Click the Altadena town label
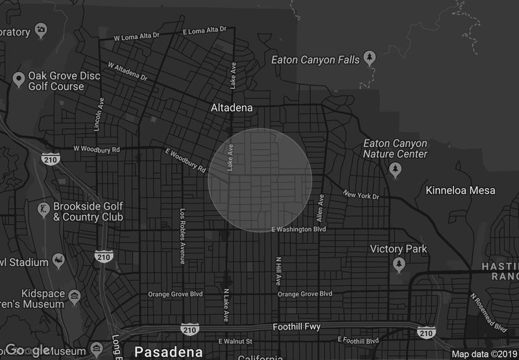[x=232, y=108]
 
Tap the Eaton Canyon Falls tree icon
[x=370, y=57]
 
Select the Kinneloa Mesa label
[x=460, y=190]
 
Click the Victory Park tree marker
[x=399, y=264]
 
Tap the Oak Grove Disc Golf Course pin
[x=19, y=80]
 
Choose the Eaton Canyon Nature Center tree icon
[x=395, y=169]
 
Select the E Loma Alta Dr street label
[x=204, y=29]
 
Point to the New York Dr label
[x=361, y=195]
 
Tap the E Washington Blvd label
[x=298, y=229]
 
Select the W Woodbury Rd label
[x=97, y=149]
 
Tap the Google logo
[x=29, y=351]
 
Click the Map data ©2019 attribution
[x=483, y=354]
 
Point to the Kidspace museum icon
[x=75, y=298]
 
